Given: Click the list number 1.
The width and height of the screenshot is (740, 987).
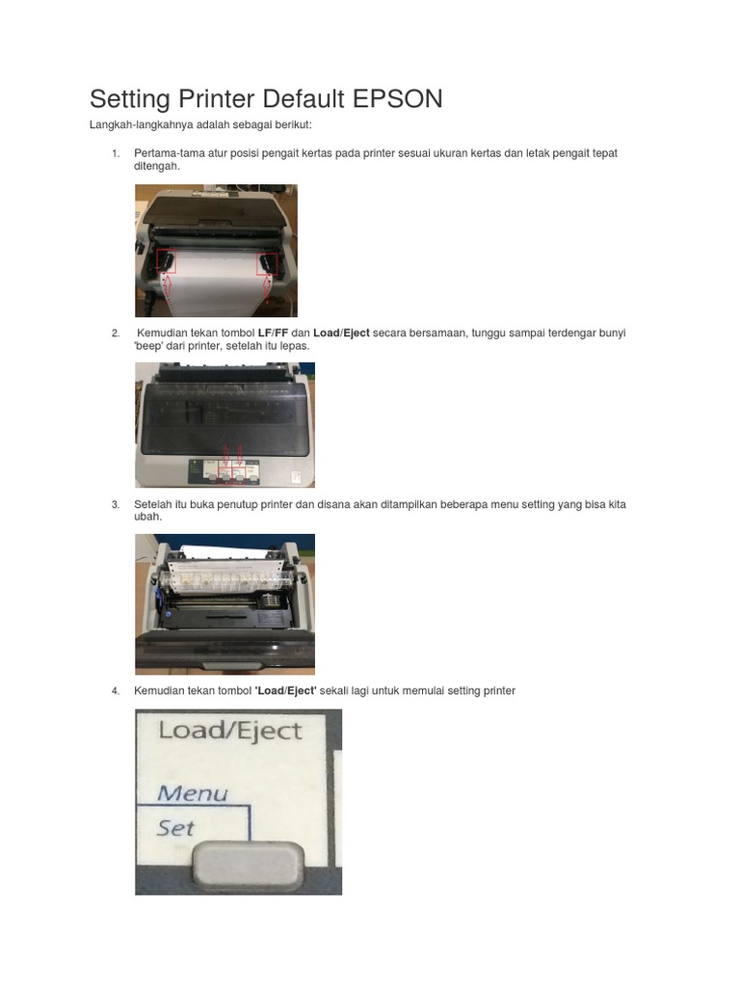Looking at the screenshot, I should (115, 153).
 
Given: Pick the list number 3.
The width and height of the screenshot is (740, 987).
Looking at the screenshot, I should (115, 504).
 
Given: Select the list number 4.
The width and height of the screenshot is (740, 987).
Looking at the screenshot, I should (115, 691).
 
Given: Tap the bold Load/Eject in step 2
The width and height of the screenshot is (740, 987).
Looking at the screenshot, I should (341, 333).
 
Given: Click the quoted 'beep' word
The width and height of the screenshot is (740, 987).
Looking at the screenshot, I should (148, 345).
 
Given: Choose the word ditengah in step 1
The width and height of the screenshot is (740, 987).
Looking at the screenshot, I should (156, 166).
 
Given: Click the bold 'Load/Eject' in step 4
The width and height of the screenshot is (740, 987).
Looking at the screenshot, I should (285, 691).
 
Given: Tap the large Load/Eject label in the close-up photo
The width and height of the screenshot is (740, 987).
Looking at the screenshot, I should (229, 730).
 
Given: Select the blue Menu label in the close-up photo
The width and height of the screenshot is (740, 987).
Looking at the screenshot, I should (193, 794).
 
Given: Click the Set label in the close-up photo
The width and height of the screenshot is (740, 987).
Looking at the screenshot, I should (175, 827).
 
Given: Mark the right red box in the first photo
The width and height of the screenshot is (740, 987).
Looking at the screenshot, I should (267, 263).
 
